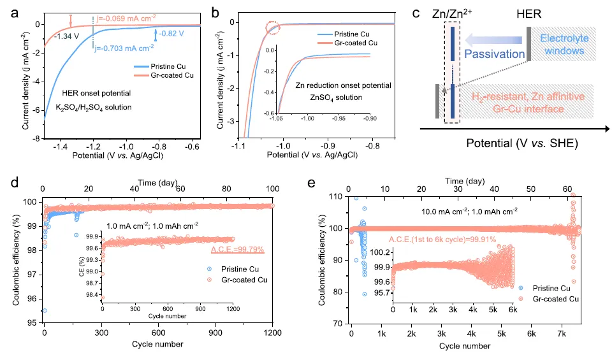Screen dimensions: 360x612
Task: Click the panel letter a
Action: (x=10, y=11)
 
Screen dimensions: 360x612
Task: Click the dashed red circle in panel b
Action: (x=272, y=27)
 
